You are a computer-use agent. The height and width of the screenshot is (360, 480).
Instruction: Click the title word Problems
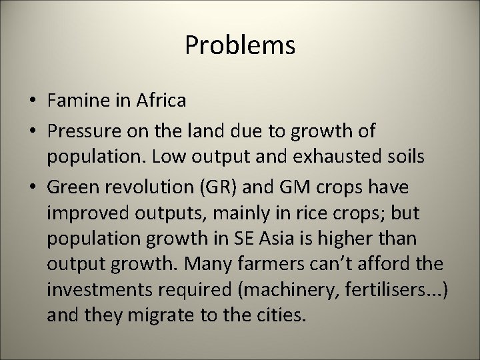[240, 45]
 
